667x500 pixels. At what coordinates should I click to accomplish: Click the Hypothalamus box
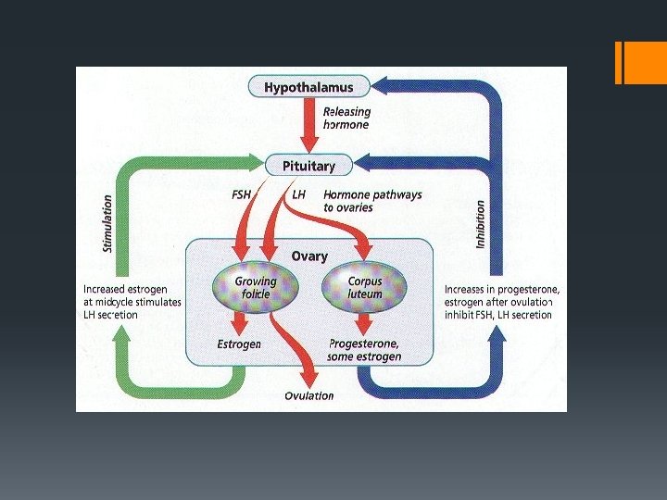[x=309, y=88]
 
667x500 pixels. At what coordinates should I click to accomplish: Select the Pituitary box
[x=309, y=167]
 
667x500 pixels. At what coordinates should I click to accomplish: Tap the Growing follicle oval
[x=255, y=287]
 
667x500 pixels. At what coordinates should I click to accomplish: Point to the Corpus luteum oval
[x=365, y=287]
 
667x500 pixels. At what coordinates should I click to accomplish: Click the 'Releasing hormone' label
[x=346, y=119]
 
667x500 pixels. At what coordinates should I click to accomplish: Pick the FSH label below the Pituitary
[x=242, y=195]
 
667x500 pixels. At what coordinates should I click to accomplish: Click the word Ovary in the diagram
[x=309, y=256]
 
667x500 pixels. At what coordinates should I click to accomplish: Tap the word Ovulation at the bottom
[x=309, y=396]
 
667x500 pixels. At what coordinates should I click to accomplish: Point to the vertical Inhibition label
[x=480, y=224]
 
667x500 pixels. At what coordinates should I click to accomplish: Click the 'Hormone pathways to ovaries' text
[x=371, y=201]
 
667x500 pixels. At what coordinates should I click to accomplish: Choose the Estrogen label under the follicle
[x=239, y=344]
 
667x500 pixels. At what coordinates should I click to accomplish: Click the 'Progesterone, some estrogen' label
[x=365, y=350]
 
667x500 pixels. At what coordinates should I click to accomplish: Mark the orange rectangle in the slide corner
[x=639, y=63]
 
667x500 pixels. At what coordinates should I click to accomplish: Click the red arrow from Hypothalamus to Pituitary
[x=309, y=125]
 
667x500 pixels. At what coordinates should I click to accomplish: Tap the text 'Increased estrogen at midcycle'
[x=131, y=295]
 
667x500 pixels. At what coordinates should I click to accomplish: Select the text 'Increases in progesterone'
[x=501, y=290]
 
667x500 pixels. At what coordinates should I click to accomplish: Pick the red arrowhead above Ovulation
[x=309, y=378]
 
